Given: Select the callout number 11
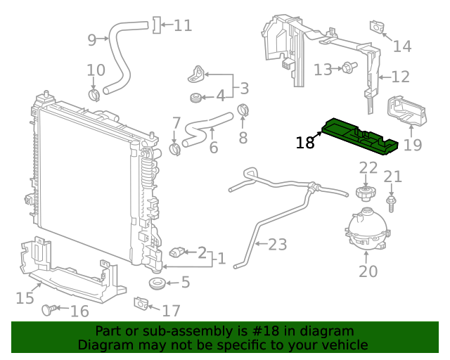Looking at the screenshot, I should point(183,26).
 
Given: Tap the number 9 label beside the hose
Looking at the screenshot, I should point(91,40).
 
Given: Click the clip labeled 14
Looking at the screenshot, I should point(377,27).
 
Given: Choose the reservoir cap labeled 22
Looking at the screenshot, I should point(364,191).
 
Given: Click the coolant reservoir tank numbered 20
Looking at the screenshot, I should point(366,229).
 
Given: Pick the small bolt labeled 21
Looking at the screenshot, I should point(392,202).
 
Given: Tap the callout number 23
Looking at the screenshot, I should point(278,245).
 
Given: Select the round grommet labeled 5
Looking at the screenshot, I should point(155,284).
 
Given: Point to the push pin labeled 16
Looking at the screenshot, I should point(50,309).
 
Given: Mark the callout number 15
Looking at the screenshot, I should point(25,298).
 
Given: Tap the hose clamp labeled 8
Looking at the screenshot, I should point(243,110).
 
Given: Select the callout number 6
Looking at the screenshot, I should point(214,148).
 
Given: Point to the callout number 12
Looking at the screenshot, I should point(400,77).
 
